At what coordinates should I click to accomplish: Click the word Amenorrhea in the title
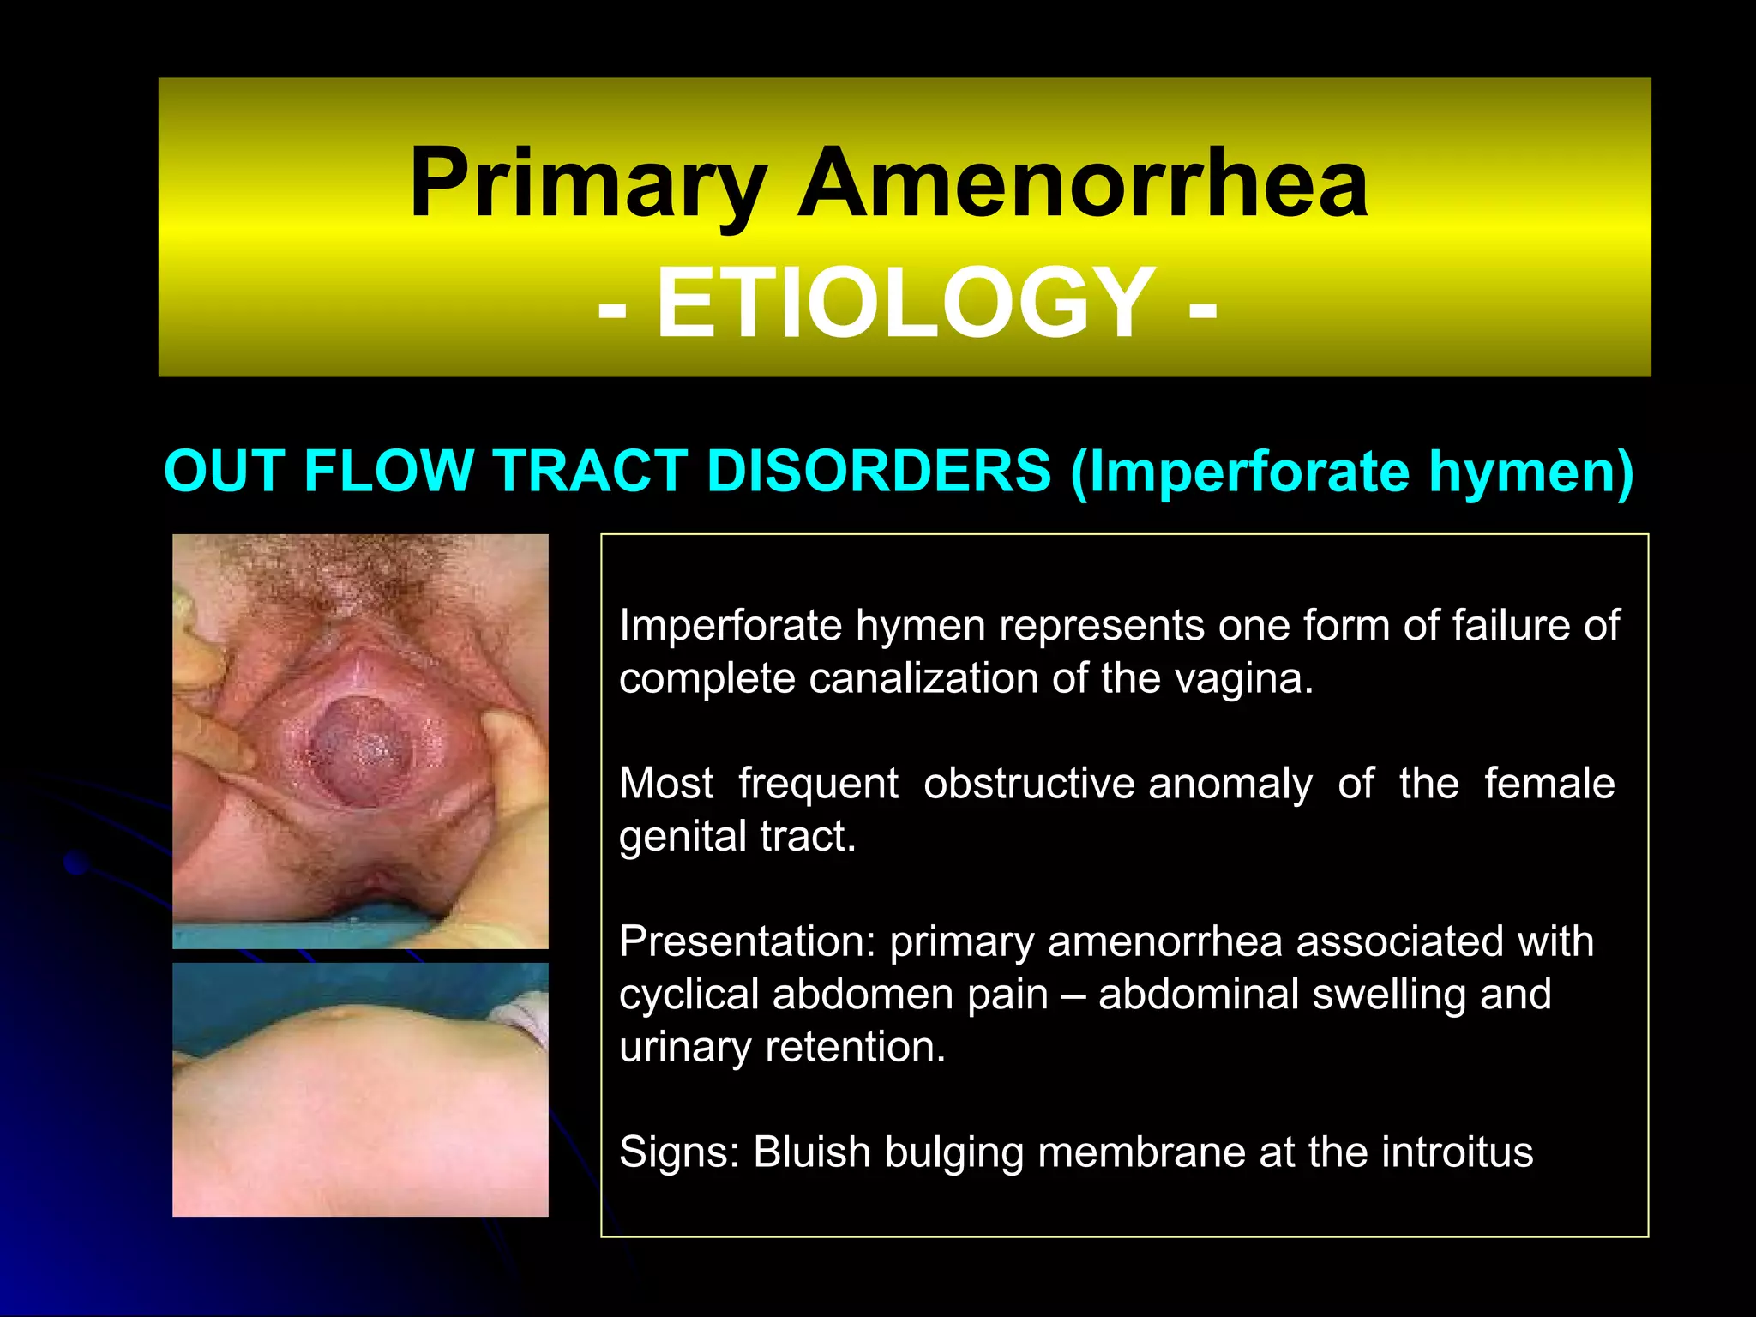point(1082,184)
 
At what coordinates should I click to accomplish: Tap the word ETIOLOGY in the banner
point(905,304)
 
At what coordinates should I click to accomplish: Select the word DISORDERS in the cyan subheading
point(879,472)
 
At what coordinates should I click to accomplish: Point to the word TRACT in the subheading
point(591,472)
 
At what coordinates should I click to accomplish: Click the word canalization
point(923,679)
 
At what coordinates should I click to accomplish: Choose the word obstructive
point(1029,784)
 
